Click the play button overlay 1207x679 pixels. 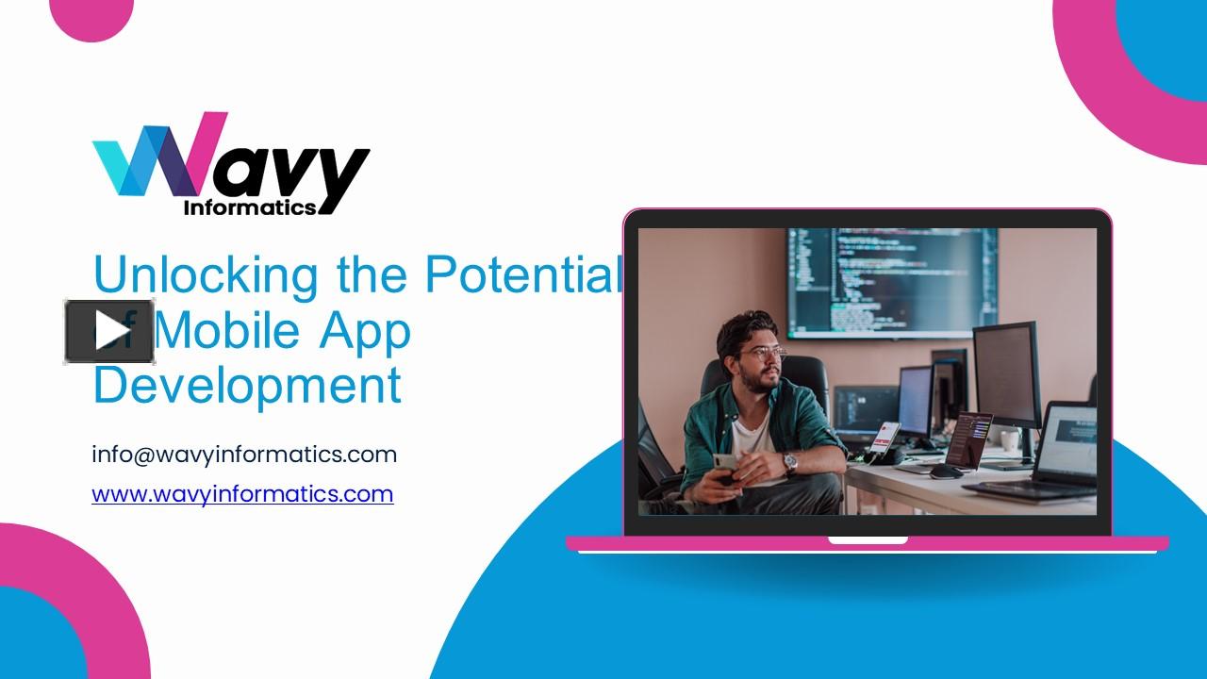[109, 331]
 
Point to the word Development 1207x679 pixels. [247, 385]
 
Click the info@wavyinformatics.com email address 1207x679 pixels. [244, 455]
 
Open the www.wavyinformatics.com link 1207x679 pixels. [242, 493]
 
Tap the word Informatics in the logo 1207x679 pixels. [249, 207]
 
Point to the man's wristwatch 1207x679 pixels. [790, 462]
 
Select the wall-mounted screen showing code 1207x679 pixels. [891, 281]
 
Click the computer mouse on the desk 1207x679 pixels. [946, 472]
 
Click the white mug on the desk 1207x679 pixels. [1009, 440]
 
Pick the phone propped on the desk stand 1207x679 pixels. [884, 439]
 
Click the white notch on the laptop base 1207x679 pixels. [868, 540]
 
